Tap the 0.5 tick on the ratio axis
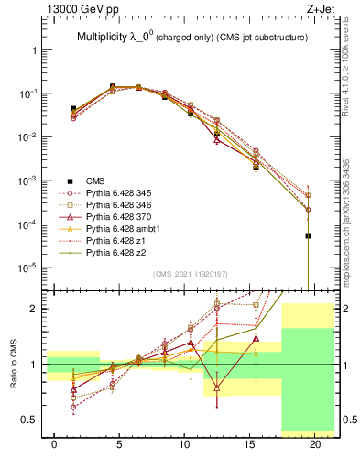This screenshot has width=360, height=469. point(31,420)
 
